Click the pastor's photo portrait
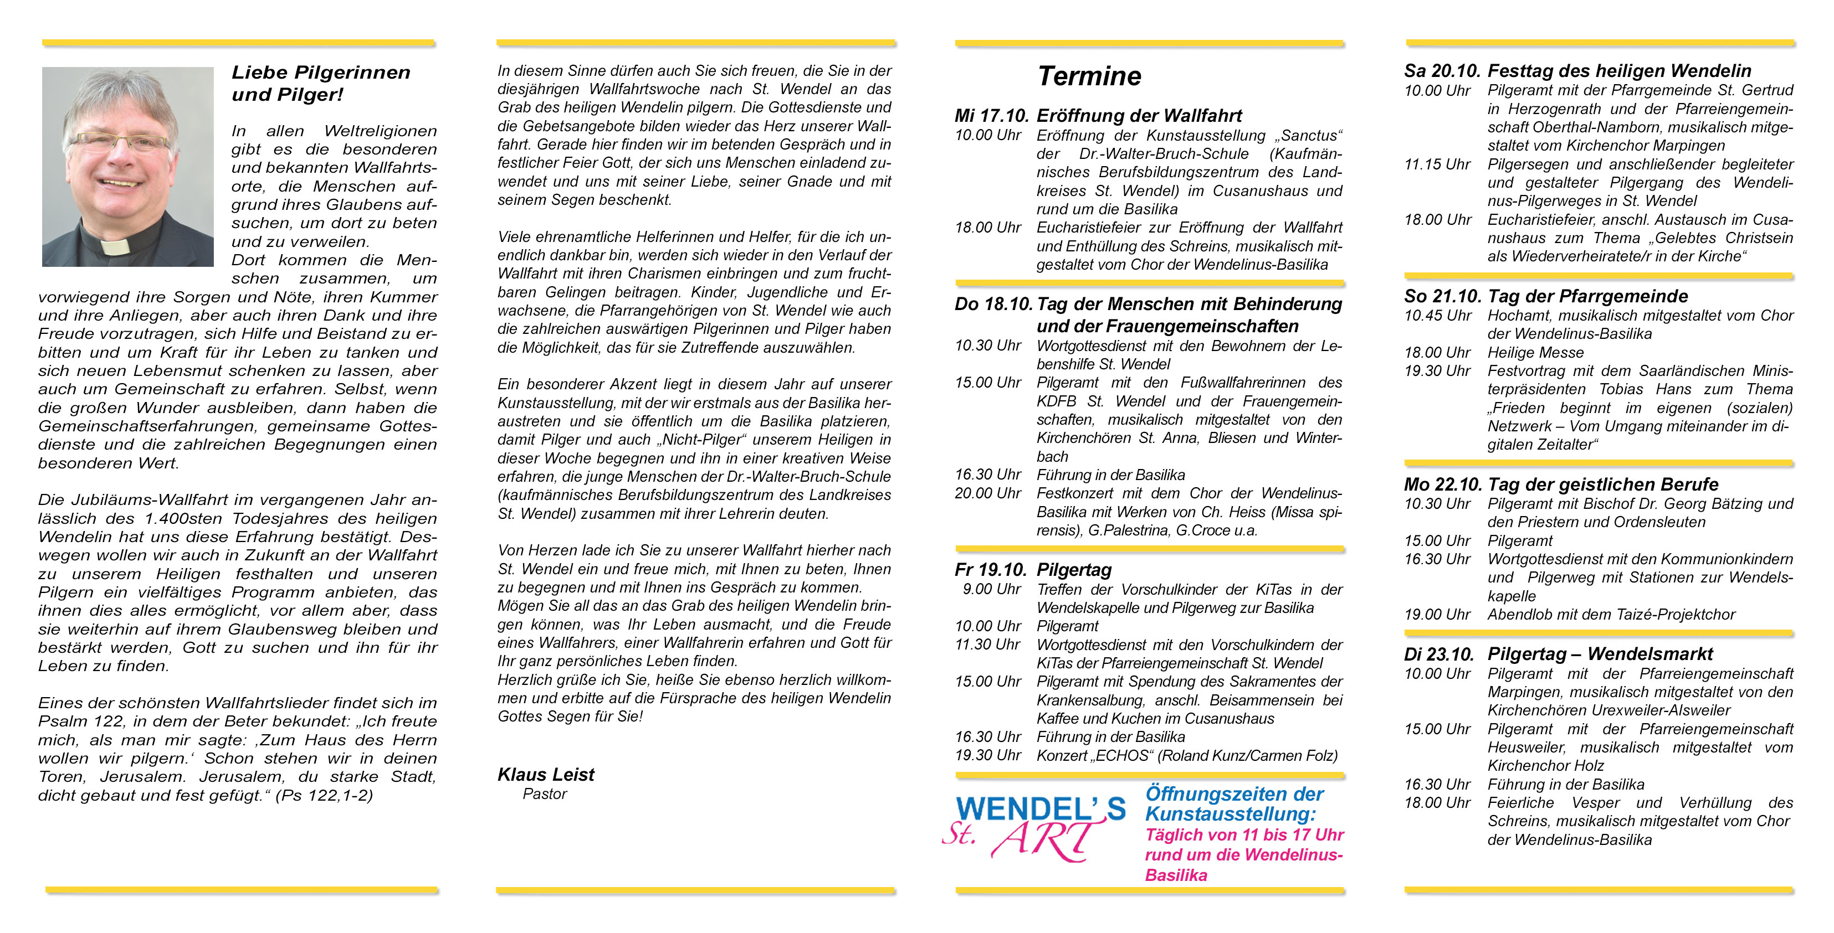pyautogui.click(x=127, y=167)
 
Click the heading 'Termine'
pyautogui.click(x=1089, y=76)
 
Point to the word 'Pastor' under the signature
pyautogui.click(x=544, y=793)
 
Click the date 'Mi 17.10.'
pyautogui.click(x=992, y=115)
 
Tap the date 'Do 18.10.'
pyautogui.click(x=993, y=304)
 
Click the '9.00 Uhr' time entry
pyautogui.click(x=991, y=589)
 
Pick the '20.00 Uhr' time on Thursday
pyautogui.click(x=987, y=493)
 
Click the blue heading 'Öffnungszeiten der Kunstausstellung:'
pyautogui.click(x=1234, y=804)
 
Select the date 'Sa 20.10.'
pyautogui.click(x=1442, y=70)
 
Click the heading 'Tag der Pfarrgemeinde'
pyautogui.click(x=1587, y=296)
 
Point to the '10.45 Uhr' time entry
pyautogui.click(x=1437, y=315)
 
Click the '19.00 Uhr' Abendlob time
pyautogui.click(x=1437, y=614)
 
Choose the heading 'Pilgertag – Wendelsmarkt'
pyautogui.click(x=1600, y=654)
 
